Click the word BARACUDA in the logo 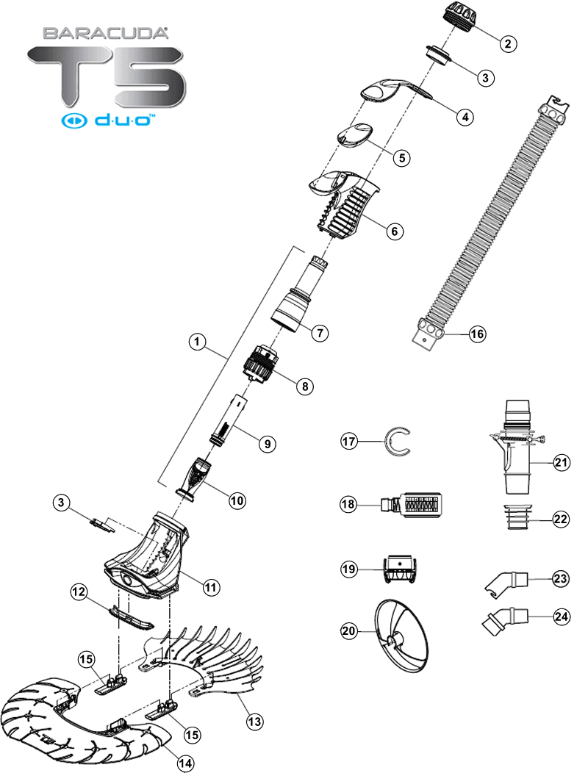click(106, 33)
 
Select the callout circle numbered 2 click(506, 43)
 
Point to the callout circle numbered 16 click(477, 334)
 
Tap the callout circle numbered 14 click(187, 763)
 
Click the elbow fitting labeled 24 click(505, 619)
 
